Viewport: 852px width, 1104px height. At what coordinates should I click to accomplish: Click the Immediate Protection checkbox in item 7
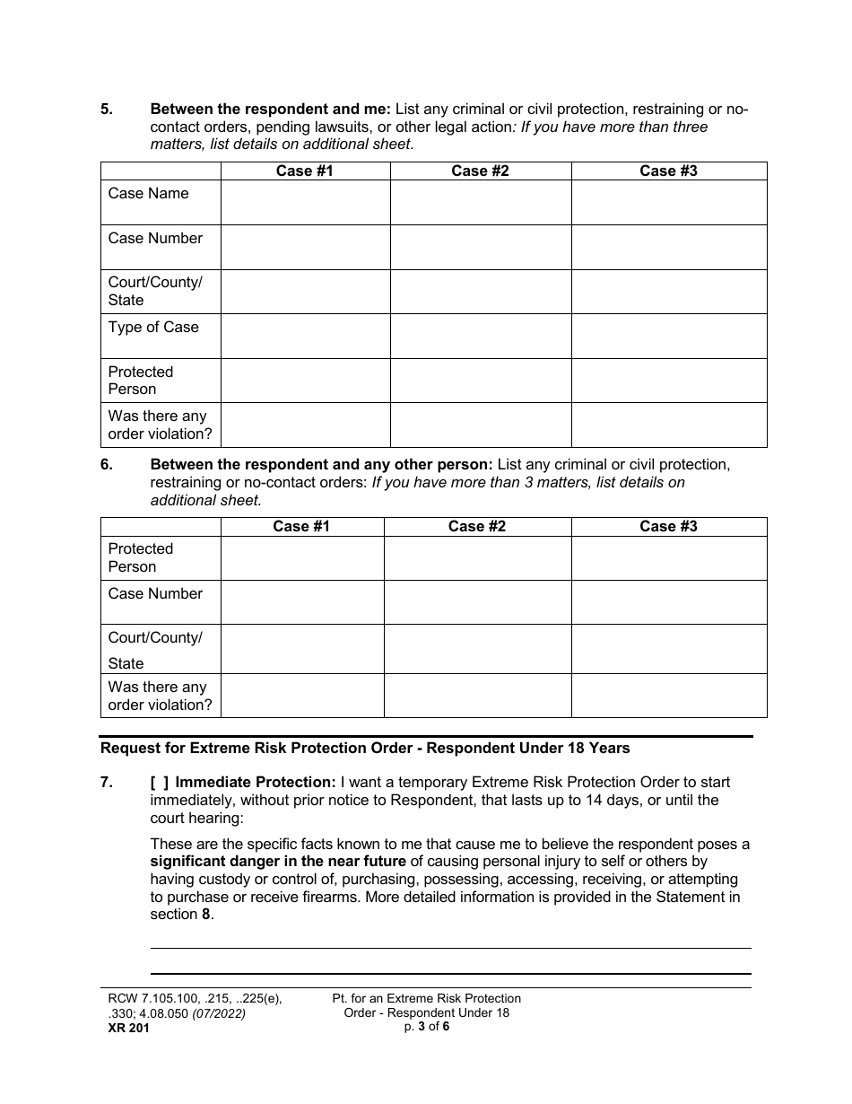pos(160,783)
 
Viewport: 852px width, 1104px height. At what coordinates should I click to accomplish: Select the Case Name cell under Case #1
pos(305,202)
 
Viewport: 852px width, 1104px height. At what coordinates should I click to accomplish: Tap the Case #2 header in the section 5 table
pos(480,171)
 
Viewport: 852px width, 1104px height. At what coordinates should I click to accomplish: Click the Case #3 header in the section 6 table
pos(668,527)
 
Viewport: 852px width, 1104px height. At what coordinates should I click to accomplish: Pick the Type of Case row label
pos(153,328)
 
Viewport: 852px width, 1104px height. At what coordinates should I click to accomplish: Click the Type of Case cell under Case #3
pos(669,336)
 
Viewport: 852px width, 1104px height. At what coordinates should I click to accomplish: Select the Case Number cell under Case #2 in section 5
pos(480,247)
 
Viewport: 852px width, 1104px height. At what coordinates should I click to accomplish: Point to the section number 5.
pos(107,110)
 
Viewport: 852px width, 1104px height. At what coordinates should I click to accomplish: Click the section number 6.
pos(107,465)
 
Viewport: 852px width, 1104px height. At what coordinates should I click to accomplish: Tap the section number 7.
pos(107,783)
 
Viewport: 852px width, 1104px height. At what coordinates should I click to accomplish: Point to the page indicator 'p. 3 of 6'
pos(427,1027)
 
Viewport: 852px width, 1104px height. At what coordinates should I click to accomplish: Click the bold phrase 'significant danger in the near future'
pos(278,862)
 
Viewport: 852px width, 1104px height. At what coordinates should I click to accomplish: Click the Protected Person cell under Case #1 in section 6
pos(302,558)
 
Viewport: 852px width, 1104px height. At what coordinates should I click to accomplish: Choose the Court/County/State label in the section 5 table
pos(155,291)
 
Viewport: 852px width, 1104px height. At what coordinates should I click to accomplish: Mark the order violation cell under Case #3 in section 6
pos(669,696)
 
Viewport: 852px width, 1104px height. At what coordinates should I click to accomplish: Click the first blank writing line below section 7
pos(450,947)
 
